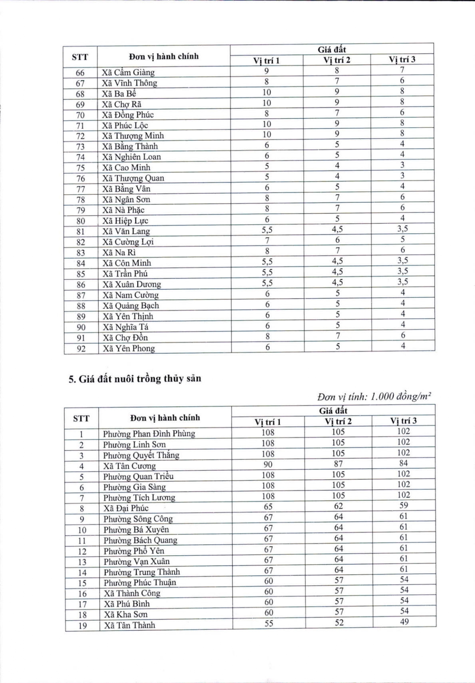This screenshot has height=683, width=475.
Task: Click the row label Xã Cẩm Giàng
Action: tap(128, 72)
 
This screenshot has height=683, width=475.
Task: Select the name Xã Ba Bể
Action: tap(119, 94)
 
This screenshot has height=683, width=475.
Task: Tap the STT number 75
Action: tap(80, 168)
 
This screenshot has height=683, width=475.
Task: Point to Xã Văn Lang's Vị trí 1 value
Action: tap(267, 230)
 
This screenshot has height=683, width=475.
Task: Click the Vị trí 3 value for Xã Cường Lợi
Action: tap(402, 239)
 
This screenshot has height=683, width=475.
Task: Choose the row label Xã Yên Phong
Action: tap(129, 348)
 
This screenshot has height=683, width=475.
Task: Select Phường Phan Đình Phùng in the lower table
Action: tap(149, 434)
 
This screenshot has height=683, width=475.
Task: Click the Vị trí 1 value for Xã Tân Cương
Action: tap(268, 464)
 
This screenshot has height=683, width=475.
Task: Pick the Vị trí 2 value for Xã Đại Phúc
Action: tap(338, 506)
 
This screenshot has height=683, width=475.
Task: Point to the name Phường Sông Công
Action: tap(138, 519)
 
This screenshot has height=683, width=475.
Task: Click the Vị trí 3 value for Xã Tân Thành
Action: tap(404, 622)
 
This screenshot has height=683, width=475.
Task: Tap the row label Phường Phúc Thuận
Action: tap(140, 582)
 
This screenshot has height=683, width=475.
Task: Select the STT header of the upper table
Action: tap(80, 57)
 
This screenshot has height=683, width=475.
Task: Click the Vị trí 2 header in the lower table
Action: tap(338, 421)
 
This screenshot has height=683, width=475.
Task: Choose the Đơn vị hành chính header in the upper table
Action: tap(164, 56)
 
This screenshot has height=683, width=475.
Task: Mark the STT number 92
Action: tap(81, 349)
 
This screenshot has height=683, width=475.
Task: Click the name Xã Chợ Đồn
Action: tap(125, 338)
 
